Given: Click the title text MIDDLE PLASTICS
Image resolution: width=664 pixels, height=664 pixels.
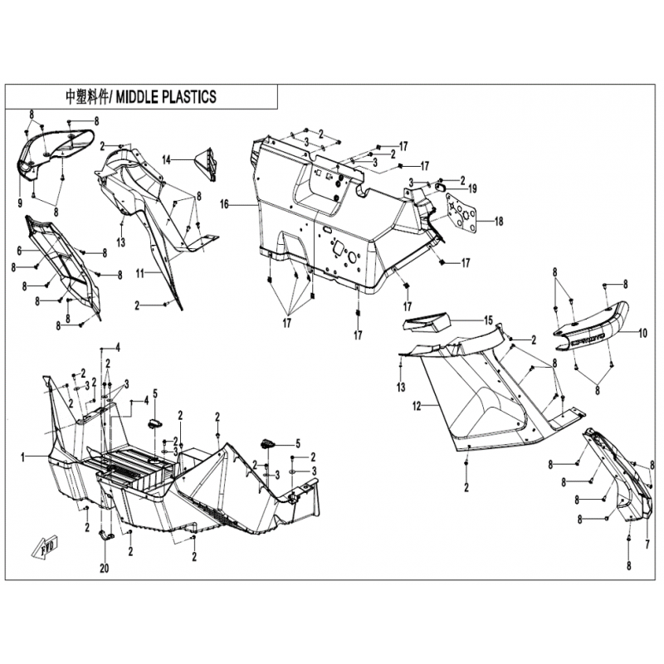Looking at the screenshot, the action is click(166, 97).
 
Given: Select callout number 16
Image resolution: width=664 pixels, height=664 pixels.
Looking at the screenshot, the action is click(224, 205).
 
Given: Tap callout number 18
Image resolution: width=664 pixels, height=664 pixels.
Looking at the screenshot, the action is click(499, 221).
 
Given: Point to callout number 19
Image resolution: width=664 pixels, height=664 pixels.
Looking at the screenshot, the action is click(472, 188).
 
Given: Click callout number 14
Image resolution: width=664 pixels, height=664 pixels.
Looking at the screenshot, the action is click(167, 159).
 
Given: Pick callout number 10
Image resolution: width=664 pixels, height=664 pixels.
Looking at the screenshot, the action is click(642, 334).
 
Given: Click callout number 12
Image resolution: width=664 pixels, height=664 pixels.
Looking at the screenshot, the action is click(417, 406).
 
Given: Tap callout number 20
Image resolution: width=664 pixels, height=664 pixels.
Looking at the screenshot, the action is click(105, 568).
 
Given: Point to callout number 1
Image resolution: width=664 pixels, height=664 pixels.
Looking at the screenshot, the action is click(23, 457).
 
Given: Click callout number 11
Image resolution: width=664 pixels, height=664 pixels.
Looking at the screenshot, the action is click(140, 274).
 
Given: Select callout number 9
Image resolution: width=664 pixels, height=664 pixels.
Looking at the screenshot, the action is click(20, 203).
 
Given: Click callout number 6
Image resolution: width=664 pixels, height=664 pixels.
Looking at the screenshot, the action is click(19, 251).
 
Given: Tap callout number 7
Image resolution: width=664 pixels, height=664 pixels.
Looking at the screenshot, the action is click(647, 544).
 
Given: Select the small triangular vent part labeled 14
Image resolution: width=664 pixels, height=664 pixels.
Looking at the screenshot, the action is click(206, 164).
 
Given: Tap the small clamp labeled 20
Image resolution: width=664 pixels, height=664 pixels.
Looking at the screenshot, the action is click(106, 535).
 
